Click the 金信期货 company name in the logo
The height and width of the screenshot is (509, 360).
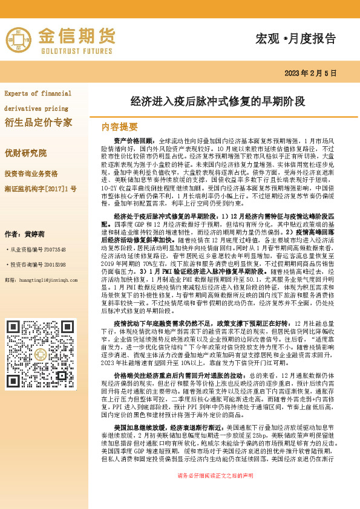(77, 36)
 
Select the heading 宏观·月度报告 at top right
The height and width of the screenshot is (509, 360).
(296, 39)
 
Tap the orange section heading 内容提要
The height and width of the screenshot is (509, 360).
(120, 127)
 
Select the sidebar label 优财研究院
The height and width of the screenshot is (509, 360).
(26, 153)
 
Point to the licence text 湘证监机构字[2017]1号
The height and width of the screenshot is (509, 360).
(41, 189)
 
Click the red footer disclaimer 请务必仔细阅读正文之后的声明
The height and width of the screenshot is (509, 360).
(215, 493)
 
